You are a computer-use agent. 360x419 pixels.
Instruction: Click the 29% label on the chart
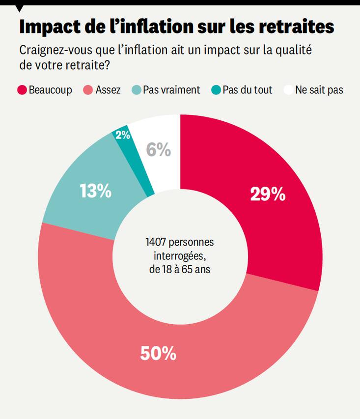pos(268,195)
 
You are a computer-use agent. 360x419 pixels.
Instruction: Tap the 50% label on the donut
pos(158,354)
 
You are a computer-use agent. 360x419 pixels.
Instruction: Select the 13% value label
pos(95,191)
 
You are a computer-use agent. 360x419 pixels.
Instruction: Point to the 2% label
pos(123,135)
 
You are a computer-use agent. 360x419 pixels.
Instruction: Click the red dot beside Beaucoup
pos(22,90)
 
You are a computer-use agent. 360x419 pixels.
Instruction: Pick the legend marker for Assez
pos(88,90)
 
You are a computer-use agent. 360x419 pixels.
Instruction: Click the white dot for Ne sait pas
pos(288,90)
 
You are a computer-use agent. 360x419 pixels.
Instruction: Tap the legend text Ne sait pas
pos(319,90)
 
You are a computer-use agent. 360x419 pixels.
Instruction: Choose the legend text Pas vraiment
pos(171,90)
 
